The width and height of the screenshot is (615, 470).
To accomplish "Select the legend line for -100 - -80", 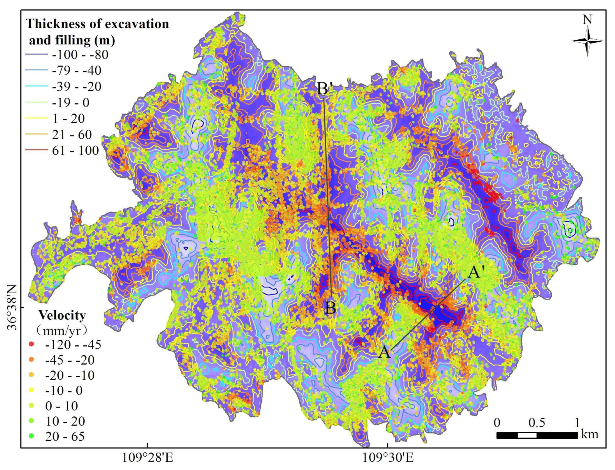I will click(x=36, y=55).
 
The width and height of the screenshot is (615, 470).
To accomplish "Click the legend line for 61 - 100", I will click(x=36, y=150).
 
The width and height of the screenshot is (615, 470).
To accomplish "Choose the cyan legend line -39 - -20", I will click(x=36, y=87).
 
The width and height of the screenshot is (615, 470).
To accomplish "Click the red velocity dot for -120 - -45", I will click(x=32, y=344).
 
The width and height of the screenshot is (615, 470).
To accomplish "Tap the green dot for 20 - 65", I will click(x=32, y=436).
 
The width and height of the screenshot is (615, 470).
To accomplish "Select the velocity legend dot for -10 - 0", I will click(x=32, y=390).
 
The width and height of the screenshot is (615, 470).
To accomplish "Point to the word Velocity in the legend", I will click(x=62, y=315).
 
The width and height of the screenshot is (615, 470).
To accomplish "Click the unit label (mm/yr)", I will click(x=62, y=331).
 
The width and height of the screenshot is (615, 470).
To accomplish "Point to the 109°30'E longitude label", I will click(x=388, y=458).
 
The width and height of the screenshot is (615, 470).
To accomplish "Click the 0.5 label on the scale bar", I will click(x=537, y=423).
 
